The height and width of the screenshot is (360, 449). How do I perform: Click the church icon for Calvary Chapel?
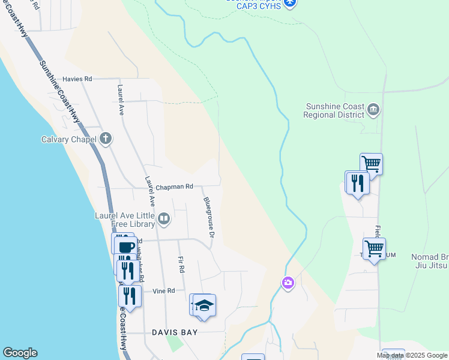tap(106, 139)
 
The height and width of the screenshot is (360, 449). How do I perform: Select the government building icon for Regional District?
tap(373, 110)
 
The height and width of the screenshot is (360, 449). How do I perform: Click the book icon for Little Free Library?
tap(164, 219)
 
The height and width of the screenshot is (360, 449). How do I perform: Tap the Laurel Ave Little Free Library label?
tap(125, 219)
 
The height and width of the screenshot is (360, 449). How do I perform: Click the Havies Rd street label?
tap(77, 79)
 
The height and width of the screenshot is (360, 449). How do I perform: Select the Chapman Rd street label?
tap(173, 187)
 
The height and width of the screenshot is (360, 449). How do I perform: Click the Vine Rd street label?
tap(163, 291)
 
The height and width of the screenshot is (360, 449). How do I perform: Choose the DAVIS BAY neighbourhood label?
tap(175, 332)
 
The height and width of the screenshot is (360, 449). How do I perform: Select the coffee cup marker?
tap(127, 247)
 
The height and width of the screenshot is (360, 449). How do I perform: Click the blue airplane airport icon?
tap(291, 3)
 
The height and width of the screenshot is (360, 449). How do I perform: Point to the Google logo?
tap(20, 353)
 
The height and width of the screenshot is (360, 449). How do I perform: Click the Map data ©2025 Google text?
tap(412, 355)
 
